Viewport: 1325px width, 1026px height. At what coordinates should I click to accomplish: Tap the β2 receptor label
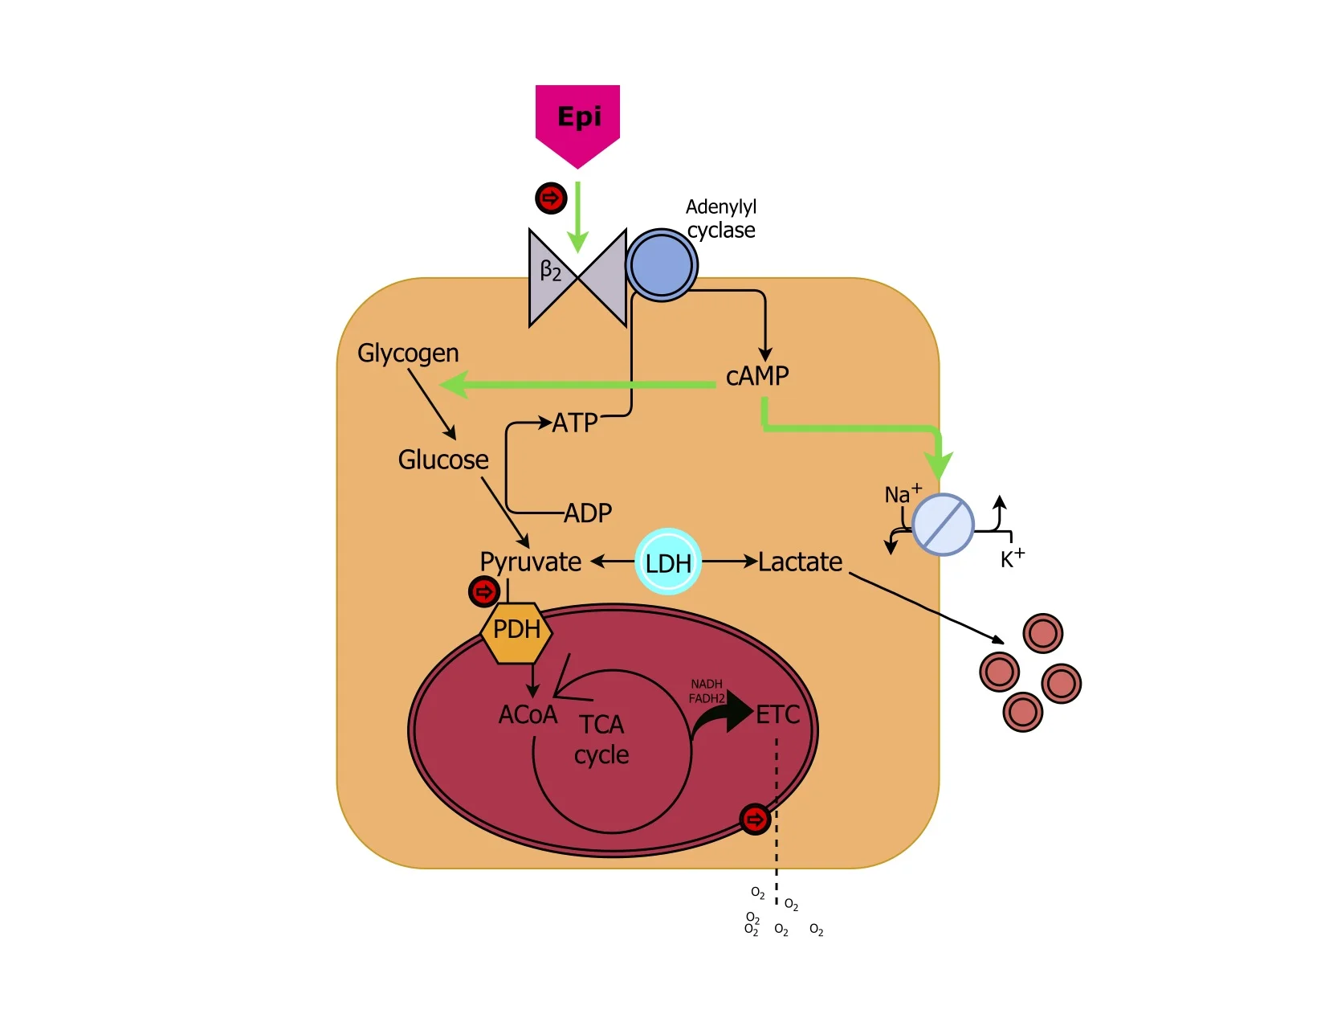click(551, 271)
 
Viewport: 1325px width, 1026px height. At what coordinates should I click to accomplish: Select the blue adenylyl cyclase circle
click(661, 265)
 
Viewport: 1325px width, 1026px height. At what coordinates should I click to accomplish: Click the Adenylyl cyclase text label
click(721, 219)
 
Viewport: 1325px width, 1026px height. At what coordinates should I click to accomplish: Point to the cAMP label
click(757, 376)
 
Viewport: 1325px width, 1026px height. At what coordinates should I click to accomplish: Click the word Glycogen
click(408, 354)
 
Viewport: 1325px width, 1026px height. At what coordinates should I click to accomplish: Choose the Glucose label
click(443, 460)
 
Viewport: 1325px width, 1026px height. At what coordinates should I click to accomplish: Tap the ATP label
click(575, 423)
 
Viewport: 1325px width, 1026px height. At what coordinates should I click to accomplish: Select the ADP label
click(588, 513)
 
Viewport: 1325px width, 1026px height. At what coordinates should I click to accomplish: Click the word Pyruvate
click(530, 562)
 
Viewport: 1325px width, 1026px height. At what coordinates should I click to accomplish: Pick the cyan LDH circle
click(668, 562)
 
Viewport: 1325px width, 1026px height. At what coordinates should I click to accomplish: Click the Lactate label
click(801, 562)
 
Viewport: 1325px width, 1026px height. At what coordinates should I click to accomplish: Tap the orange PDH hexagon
click(516, 632)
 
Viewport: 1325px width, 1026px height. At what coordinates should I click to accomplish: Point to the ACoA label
click(528, 714)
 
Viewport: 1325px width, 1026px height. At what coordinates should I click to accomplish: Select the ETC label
click(777, 714)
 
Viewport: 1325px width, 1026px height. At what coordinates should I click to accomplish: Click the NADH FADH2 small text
click(707, 691)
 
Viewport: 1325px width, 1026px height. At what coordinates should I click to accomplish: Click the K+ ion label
click(1012, 558)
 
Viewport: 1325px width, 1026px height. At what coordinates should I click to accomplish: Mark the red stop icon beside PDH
click(483, 592)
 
